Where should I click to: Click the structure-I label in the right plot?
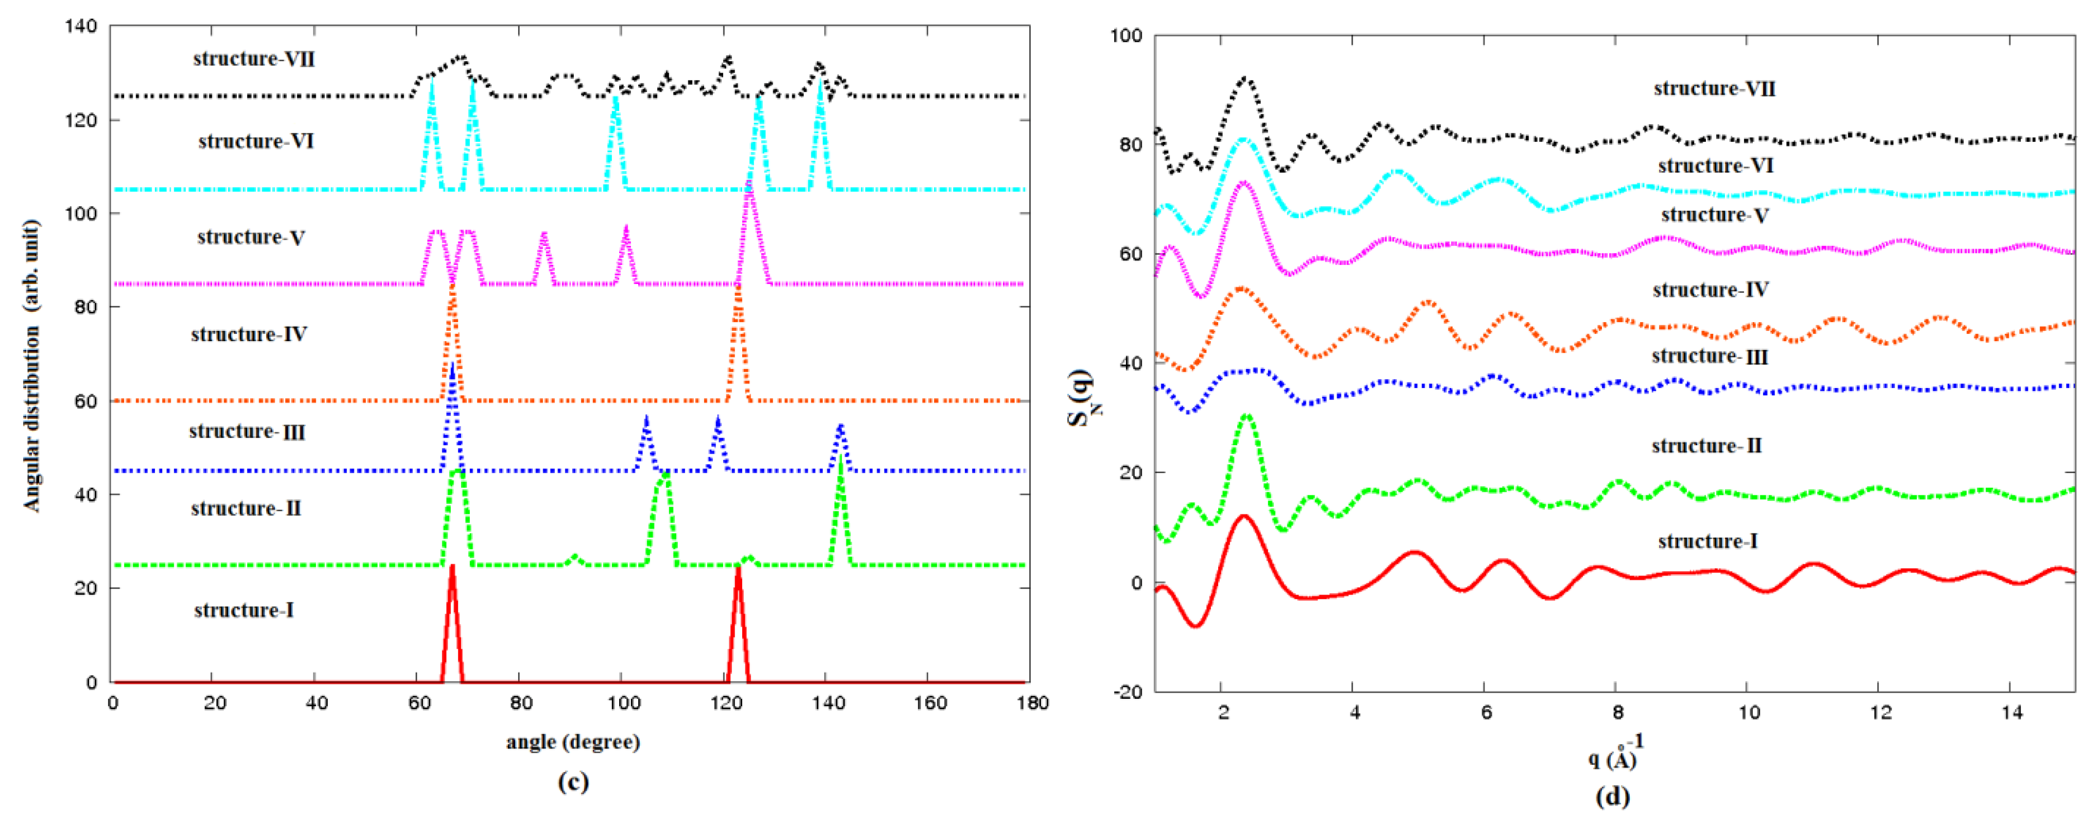click(1707, 541)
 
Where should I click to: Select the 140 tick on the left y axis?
click(81, 27)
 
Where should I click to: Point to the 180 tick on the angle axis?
click(1032, 703)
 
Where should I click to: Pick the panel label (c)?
click(572, 782)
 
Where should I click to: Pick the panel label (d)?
click(1612, 796)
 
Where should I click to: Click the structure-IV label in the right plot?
click(1710, 289)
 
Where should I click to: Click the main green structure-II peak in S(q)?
click(1247, 417)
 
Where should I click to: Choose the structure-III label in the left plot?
click(247, 431)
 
